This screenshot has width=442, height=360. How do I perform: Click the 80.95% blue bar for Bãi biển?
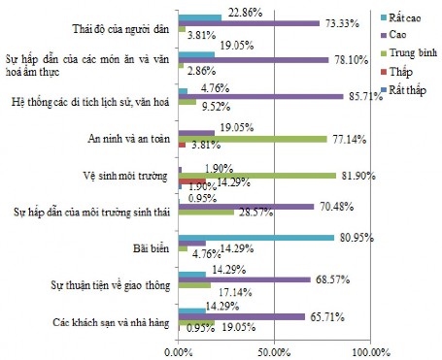coord(255,236)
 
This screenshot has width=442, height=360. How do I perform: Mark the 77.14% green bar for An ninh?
coord(252,140)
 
